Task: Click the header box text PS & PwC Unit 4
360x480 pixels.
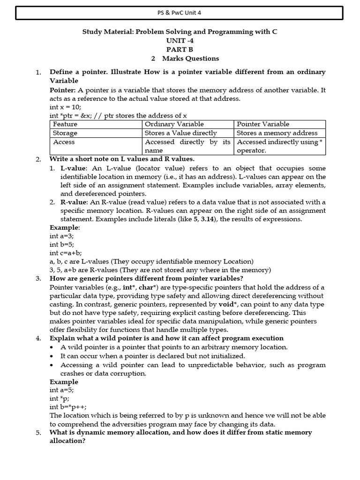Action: tap(180, 13)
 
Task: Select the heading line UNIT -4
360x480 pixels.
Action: tap(180, 40)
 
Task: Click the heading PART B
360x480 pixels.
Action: tap(180, 49)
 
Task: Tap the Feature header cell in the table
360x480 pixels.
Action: tap(65, 124)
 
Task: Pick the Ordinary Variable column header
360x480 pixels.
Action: tap(174, 124)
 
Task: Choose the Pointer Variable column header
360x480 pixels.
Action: tap(263, 124)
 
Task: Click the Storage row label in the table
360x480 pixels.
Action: tap(65, 133)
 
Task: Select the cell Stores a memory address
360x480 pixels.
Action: tap(277, 133)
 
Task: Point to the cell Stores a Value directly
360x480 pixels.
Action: tap(181, 133)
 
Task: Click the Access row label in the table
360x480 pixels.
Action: tap(64, 142)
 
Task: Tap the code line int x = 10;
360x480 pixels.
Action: tap(65, 107)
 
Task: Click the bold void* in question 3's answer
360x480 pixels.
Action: tap(229, 304)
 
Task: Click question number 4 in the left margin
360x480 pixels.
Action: tap(38, 338)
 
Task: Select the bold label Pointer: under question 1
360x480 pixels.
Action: tap(62, 90)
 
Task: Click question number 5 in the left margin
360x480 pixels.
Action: tap(38, 433)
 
